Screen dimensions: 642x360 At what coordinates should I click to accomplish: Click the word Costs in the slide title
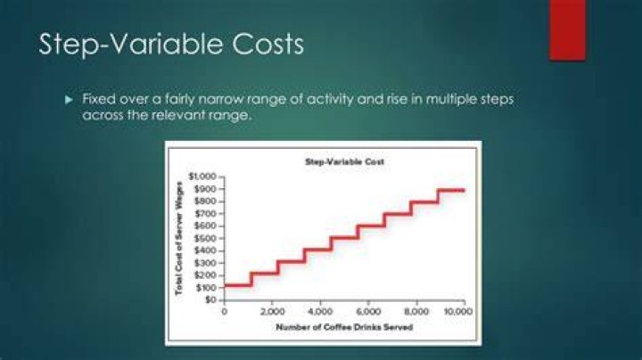(268, 44)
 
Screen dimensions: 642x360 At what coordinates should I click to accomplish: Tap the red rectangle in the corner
(567, 30)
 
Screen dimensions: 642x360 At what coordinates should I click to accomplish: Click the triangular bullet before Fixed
(69, 100)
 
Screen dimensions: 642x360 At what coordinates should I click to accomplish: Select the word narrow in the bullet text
(218, 100)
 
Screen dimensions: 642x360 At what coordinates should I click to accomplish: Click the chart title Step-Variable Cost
(344, 161)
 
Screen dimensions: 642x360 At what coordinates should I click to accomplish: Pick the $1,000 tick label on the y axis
(202, 176)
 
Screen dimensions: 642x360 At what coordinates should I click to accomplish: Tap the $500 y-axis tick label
(205, 238)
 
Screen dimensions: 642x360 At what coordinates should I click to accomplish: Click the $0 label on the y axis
(210, 300)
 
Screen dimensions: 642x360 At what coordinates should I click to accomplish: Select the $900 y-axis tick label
(205, 189)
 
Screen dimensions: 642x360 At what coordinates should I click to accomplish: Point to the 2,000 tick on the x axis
(272, 312)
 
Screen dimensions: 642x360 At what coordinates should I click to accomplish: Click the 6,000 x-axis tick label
(368, 312)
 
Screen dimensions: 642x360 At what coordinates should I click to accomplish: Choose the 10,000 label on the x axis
(458, 312)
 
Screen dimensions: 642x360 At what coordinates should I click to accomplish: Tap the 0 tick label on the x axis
(224, 312)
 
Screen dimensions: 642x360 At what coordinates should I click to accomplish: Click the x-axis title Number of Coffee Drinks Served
(344, 327)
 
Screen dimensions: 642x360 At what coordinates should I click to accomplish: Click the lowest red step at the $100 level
(237, 285)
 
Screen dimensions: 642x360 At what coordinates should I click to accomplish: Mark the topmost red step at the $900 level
(451, 190)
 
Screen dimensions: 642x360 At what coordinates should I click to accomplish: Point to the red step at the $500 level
(344, 238)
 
